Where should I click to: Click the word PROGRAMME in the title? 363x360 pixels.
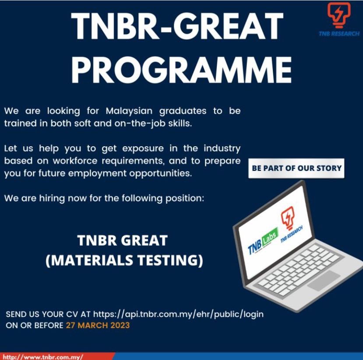pos(181,68)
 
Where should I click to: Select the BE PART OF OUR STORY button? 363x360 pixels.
pos(296,168)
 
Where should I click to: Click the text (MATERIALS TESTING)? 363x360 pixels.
pos(124,260)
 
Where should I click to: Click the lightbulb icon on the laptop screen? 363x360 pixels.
pos(287,219)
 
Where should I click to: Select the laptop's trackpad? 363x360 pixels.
pos(323,280)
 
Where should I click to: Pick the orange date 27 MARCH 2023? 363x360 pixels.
pos(98,326)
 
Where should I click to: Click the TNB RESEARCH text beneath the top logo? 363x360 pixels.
pos(339,34)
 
